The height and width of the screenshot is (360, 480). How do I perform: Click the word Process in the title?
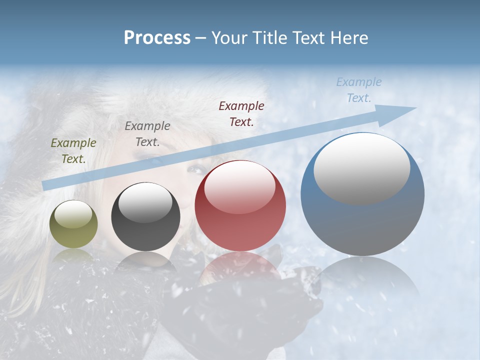click(157, 38)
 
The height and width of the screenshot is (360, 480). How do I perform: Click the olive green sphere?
click(73, 224)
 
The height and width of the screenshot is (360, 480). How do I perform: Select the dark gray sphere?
click(145, 217)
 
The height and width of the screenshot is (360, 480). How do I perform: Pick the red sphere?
click(240, 205)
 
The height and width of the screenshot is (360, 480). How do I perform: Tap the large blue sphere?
click(362, 194)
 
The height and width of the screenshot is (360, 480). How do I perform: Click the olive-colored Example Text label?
click(73, 151)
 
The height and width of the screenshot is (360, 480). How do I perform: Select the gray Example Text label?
click(147, 134)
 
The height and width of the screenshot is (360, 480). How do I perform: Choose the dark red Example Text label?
click(241, 113)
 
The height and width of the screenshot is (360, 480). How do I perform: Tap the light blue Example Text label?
click(359, 90)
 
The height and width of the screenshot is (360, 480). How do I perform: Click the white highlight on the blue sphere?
click(361, 167)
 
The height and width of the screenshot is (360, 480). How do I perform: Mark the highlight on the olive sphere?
click(73, 214)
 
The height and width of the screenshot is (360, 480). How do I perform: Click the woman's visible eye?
click(194, 169)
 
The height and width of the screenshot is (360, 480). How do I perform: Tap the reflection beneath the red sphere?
click(240, 265)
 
